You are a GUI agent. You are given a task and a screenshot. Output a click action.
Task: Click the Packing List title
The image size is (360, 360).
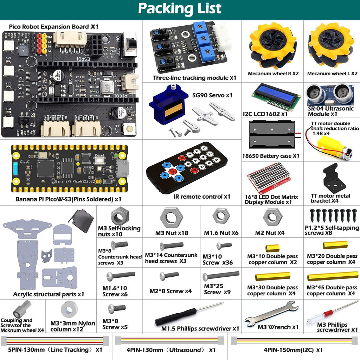(180, 8)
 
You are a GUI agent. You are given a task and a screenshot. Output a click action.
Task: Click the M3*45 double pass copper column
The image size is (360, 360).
(333, 276)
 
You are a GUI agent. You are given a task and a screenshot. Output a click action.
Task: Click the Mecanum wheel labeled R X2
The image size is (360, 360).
(272, 46)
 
